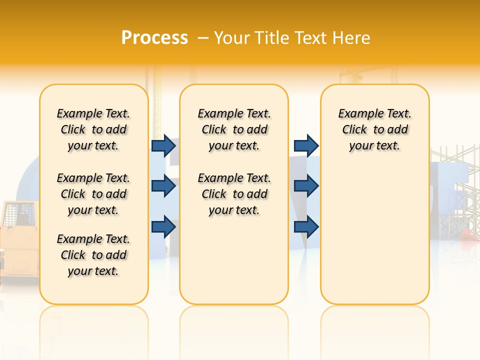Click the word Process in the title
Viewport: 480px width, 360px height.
(x=154, y=37)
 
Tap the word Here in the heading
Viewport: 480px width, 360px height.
(x=350, y=37)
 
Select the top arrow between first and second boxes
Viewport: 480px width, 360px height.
(x=163, y=145)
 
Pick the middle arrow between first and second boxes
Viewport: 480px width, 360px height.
(x=163, y=186)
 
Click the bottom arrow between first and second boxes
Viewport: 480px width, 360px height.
(x=163, y=226)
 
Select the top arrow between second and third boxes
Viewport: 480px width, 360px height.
(x=306, y=145)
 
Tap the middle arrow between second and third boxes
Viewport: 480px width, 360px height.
(x=306, y=186)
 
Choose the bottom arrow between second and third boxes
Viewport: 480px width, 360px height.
(x=306, y=226)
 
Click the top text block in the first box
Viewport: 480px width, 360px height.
(x=93, y=129)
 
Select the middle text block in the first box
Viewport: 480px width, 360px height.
(x=93, y=194)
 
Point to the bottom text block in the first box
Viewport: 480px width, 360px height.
(x=93, y=255)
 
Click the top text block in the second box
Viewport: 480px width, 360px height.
(x=234, y=129)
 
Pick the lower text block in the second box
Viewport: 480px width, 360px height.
(x=234, y=194)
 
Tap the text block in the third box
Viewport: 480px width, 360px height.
(x=375, y=129)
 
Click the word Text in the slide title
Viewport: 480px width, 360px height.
(x=311, y=37)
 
